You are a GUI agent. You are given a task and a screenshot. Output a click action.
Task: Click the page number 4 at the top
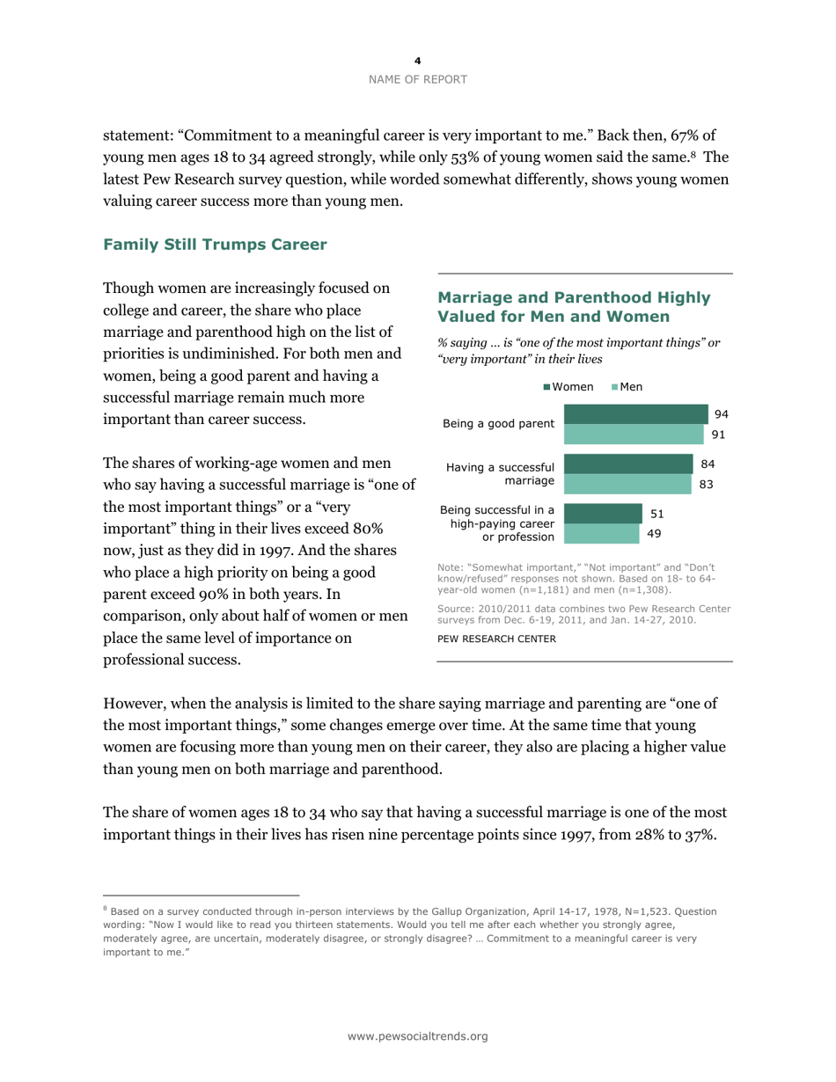tap(418, 61)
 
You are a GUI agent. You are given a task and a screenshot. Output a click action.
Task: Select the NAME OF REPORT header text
tap(418, 79)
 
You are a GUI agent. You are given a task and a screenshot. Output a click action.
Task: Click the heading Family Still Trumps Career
tap(216, 245)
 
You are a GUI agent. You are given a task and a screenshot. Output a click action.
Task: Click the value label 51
tap(656, 514)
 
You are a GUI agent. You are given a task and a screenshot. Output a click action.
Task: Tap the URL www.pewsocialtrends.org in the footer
tap(418, 1037)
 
